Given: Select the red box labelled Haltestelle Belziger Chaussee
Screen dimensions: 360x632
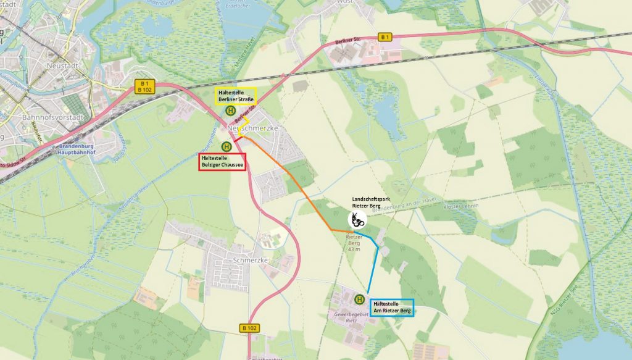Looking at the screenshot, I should (x=222, y=161).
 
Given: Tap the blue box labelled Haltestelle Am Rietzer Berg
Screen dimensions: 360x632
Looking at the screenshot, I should (x=392, y=307).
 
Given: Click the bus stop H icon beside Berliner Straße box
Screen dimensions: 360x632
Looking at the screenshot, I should (x=230, y=111).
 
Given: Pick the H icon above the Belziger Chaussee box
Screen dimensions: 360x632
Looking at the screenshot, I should (x=227, y=146).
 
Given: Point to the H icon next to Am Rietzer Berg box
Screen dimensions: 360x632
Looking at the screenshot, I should (x=359, y=299).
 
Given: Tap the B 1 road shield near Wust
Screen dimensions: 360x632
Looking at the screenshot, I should (x=386, y=37).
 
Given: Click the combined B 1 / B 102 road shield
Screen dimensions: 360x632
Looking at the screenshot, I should (x=145, y=87).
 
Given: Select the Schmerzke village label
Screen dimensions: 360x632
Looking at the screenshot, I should (x=250, y=260).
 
